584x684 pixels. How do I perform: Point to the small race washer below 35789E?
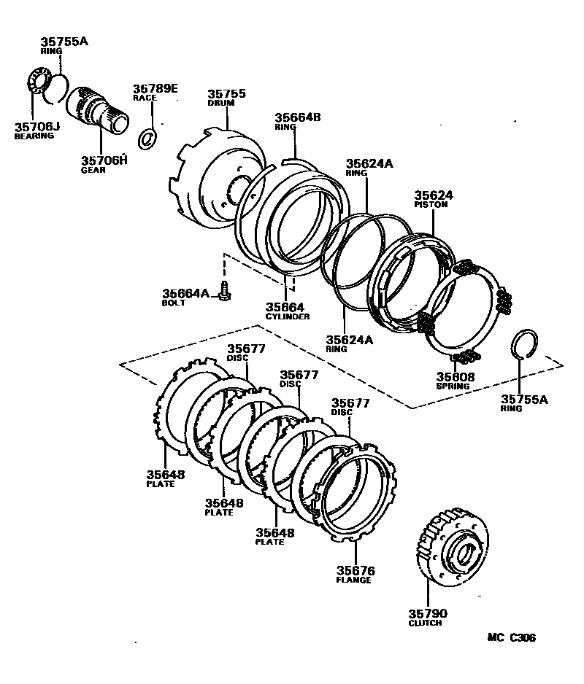click(x=147, y=137)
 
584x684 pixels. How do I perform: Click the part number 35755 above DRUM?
click(x=226, y=94)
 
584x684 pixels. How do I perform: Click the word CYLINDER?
click(x=288, y=316)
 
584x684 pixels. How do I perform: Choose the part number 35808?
click(x=456, y=376)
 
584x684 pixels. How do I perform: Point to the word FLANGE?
click(x=354, y=580)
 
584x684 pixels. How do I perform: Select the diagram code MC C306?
click(x=511, y=637)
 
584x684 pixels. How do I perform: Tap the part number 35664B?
click(x=298, y=117)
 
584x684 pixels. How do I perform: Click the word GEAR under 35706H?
click(x=93, y=170)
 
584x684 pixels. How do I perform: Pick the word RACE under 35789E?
click(x=145, y=97)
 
